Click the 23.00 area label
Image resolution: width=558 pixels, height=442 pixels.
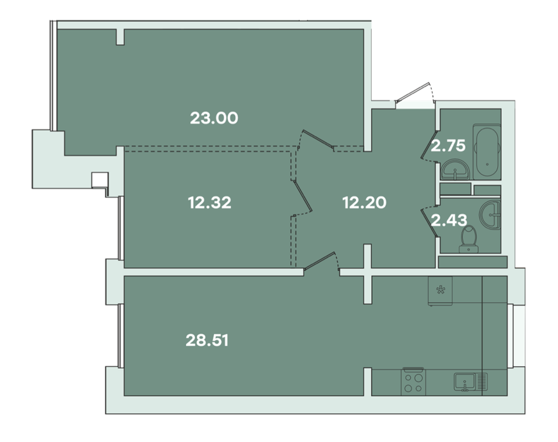pyautogui.click(x=214, y=118)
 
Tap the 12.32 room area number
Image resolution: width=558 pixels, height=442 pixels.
pyautogui.click(x=210, y=203)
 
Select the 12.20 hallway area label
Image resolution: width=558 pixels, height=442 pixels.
pyautogui.click(x=364, y=203)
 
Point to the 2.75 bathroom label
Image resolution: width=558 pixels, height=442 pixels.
pyautogui.click(x=448, y=146)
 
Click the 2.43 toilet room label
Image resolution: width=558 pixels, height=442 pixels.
pyautogui.click(x=449, y=220)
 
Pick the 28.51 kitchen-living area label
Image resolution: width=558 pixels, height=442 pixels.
pyautogui.click(x=207, y=340)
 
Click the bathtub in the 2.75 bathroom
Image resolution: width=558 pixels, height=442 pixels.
pyautogui.click(x=487, y=152)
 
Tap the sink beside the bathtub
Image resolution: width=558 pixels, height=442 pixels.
pyautogui.click(x=455, y=170)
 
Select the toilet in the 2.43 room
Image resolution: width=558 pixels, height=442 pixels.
pyautogui.click(x=468, y=239)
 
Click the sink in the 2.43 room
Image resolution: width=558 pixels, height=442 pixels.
pyautogui.click(x=490, y=214)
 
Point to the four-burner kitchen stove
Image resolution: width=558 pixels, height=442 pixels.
pyautogui.click(x=414, y=381)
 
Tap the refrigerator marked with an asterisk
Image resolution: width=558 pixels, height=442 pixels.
pyautogui.click(x=440, y=290)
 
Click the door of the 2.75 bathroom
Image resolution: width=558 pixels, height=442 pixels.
pyautogui.click(x=429, y=146)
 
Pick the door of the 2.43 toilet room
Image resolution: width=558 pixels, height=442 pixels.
pyautogui.click(x=429, y=222)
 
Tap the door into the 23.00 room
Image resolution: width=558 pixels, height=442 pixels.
pyautogui.click(x=316, y=139)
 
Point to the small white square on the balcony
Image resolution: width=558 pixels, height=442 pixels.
pyautogui.click(x=100, y=180)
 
